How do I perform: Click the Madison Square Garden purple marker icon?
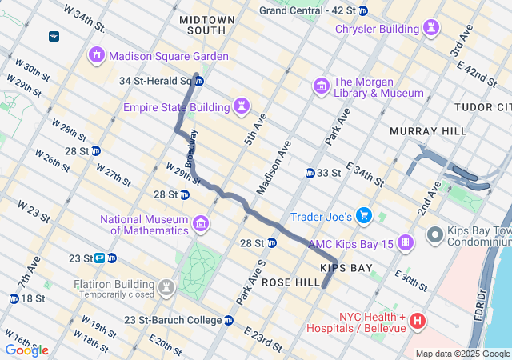(x=96, y=56)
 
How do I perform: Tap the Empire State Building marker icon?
(x=241, y=106)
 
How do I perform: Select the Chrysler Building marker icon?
(x=432, y=29)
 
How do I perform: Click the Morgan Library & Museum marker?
(x=322, y=86)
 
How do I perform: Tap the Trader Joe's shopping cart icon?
(x=364, y=215)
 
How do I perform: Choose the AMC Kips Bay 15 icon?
(x=407, y=242)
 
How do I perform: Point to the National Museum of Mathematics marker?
(x=200, y=223)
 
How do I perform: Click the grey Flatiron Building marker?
(x=166, y=286)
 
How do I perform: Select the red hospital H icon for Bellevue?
(x=417, y=322)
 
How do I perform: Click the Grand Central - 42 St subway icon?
(x=363, y=10)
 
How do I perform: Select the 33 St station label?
(x=329, y=173)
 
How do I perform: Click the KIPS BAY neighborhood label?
(x=346, y=267)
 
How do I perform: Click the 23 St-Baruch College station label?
(x=173, y=320)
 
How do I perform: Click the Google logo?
(x=26, y=350)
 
